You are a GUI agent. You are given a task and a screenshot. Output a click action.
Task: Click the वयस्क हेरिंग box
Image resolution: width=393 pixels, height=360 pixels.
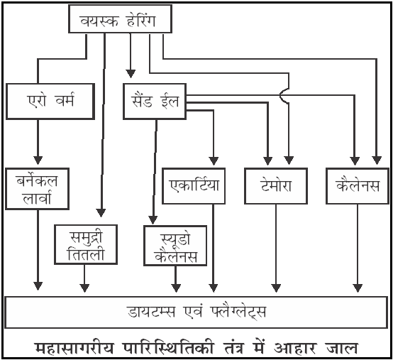pos(120,18)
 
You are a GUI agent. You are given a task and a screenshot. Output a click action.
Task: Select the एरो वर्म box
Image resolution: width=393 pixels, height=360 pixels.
pos(50,101)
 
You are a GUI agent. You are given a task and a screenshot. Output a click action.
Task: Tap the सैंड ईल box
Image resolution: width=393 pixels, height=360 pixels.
pos(155,101)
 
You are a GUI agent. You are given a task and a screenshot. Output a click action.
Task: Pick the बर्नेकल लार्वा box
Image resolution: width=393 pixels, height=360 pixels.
pos(37,189)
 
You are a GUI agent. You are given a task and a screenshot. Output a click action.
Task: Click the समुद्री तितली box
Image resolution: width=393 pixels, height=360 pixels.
pos(86,244)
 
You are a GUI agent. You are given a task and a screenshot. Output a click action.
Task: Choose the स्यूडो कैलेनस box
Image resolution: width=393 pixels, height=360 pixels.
pos(175,246)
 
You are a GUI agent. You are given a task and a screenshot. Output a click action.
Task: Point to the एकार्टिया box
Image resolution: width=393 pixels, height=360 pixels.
pos(194,185)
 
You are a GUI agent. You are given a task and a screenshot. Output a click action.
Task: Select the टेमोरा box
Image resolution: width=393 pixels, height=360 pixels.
pos(276,185)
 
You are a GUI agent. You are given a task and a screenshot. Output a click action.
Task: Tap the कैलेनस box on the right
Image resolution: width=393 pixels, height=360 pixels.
pos(358,185)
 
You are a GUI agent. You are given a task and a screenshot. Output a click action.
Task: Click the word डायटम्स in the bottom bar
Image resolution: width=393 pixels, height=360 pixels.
pos(151,312)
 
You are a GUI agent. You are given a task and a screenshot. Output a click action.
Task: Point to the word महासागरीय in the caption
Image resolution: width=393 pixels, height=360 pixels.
pos(74,347)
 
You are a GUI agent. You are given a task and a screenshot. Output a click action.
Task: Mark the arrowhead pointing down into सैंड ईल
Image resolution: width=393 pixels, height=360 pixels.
pos(131,74)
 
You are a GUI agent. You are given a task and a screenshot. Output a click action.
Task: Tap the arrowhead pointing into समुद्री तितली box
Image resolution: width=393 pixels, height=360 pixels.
pos(101,213)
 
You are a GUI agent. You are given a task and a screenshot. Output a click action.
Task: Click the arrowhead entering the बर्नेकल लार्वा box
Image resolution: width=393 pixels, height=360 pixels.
pos(38,160)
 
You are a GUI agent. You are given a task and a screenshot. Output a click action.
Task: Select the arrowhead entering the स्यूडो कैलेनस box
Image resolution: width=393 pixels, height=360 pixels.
pos(153,219)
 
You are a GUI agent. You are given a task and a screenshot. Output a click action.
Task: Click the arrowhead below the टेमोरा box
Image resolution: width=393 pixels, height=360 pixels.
pos(276,288)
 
